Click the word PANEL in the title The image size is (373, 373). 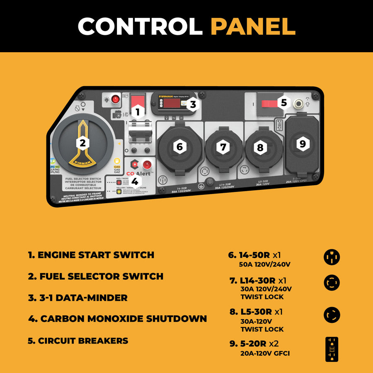(x=253, y=26)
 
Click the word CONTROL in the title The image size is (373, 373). (x=140, y=26)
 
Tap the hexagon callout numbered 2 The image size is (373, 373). (x=82, y=143)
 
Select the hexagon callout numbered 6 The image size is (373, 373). (x=179, y=146)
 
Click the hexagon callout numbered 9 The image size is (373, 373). (x=302, y=143)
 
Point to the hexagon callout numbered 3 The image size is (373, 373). (x=192, y=104)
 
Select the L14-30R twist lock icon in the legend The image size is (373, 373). (x=332, y=283)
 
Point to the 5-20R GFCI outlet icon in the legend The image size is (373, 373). (x=332, y=349)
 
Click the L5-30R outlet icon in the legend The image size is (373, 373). (x=332, y=315)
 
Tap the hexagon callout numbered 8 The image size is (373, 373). (x=260, y=147)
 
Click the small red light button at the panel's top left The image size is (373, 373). (x=116, y=99)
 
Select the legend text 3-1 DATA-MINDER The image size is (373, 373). (x=78, y=298)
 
